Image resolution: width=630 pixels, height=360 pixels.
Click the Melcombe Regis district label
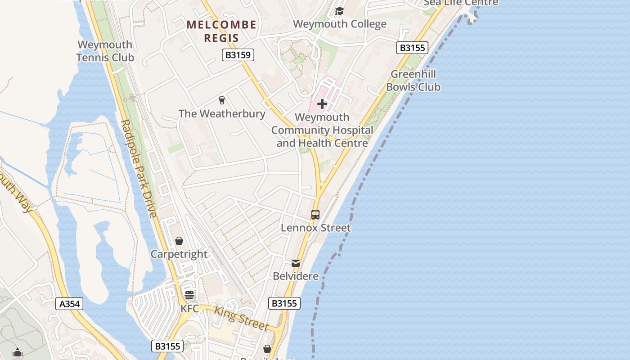[221, 31]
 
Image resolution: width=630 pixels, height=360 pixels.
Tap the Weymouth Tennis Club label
[105, 51]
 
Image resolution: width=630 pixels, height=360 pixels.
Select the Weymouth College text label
[340, 24]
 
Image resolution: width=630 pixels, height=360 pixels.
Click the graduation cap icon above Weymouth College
[339, 11]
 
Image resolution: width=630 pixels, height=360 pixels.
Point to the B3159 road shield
[238, 55]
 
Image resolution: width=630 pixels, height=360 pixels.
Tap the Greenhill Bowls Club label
[413, 80]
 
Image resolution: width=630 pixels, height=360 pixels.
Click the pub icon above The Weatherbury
[221, 100]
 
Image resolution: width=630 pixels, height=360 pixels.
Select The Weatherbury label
[222, 113]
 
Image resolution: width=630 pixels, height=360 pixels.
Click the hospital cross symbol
[322, 104]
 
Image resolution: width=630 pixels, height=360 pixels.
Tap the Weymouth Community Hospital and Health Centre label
[322, 130]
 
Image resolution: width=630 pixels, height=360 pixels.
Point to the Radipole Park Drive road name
[139, 168]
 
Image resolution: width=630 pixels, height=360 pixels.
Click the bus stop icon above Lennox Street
[315, 215]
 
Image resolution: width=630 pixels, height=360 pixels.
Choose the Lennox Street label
[315, 228]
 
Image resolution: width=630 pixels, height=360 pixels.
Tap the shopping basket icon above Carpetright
[179, 241]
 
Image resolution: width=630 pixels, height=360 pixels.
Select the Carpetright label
[179, 254]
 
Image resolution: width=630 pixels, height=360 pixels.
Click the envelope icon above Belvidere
[296, 263]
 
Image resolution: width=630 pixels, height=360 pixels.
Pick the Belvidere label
[296, 276]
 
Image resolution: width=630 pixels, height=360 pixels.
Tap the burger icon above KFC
[189, 295]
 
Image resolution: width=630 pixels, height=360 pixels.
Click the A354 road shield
[70, 304]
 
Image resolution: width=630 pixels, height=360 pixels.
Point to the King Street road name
[241, 318]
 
